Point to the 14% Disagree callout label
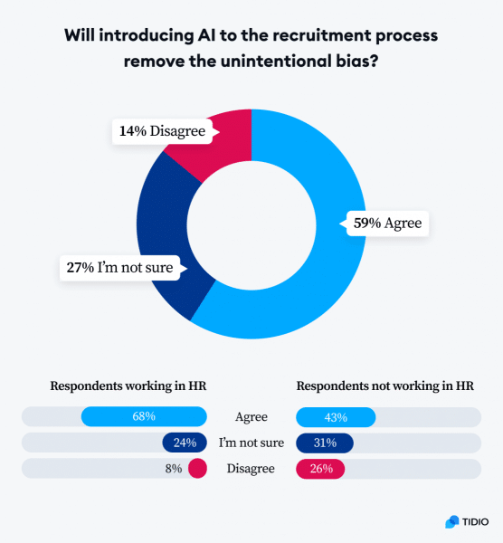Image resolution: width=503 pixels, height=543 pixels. [162, 131]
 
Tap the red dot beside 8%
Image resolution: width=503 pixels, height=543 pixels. [198, 469]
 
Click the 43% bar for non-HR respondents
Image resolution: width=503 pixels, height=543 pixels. [336, 417]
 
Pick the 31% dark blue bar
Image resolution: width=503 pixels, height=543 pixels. [325, 443]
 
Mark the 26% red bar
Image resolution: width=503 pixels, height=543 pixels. [320, 469]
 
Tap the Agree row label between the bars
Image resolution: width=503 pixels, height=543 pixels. [251, 417]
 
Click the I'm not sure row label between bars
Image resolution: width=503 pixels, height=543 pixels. [251, 443]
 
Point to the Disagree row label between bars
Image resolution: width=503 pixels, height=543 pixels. [251, 469]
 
